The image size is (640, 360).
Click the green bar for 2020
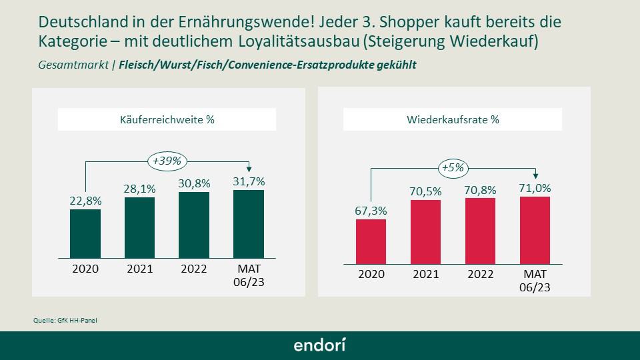85,233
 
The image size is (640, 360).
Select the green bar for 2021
140,227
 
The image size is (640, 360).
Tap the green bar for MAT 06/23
249,223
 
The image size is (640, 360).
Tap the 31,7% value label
249,181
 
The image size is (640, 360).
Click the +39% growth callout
167,161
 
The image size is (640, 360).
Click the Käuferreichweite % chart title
167,120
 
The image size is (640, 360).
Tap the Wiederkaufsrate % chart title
453,120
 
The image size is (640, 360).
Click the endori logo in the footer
320,345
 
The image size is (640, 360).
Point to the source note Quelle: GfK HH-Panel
61,321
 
